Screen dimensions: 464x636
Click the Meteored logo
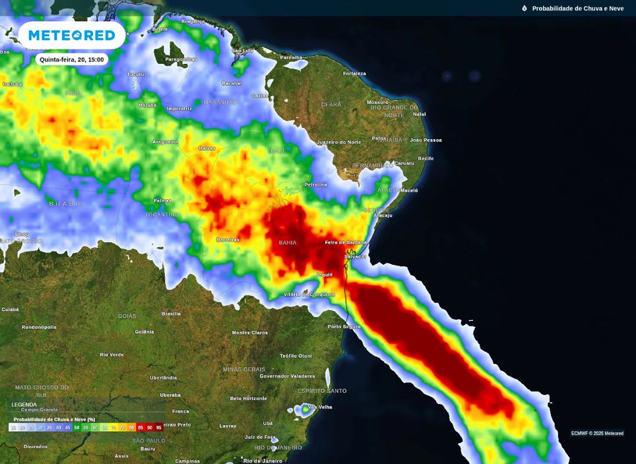click(71, 35)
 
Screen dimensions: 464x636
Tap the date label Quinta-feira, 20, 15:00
click(71, 59)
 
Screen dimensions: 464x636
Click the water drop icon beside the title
click(525, 9)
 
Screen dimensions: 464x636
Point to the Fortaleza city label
click(354, 73)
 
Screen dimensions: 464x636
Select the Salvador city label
click(355, 256)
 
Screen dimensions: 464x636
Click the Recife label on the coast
click(426, 158)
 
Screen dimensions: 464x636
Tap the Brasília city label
click(171, 314)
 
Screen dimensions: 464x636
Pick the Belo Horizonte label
click(249, 398)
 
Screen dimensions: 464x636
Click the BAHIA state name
click(288, 243)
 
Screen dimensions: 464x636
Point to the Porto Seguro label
click(344, 326)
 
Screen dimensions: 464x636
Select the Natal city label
click(419, 114)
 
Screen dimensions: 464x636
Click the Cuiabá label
click(10, 309)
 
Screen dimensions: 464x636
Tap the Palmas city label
click(162, 200)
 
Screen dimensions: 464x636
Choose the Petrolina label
click(315, 185)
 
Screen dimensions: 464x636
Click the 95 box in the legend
click(159, 428)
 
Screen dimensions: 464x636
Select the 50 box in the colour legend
click(77, 428)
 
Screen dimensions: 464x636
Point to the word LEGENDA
click(24, 405)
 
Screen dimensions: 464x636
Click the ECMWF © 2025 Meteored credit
click(597, 433)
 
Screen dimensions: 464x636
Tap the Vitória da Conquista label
click(309, 294)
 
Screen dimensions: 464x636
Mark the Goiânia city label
click(144, 332)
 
